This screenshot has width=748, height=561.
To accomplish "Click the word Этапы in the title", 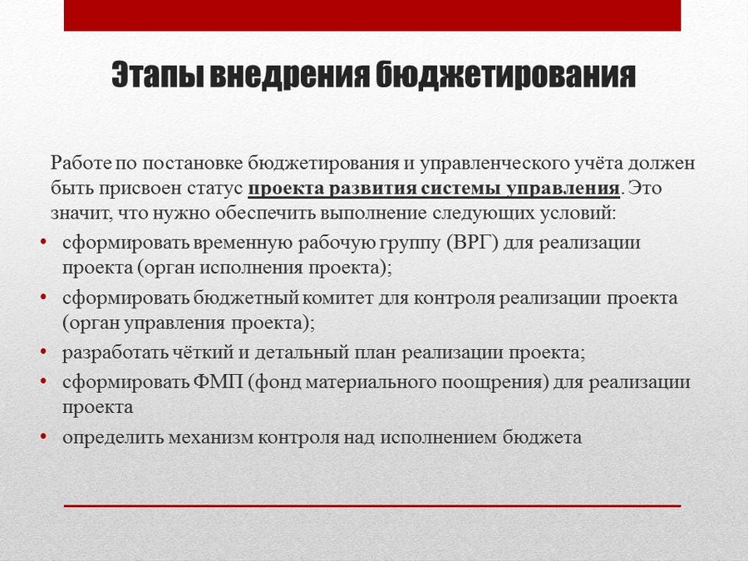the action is [157, 75].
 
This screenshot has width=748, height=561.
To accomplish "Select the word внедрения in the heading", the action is [289, 74].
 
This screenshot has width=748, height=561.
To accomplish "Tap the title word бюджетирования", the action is [505, 75].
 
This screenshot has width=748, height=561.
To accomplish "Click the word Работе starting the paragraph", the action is [81, 163].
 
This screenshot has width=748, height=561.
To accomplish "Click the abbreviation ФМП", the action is [218, 382].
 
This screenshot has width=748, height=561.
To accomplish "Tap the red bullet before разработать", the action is [43, 352].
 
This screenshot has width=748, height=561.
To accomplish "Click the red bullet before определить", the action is [43, 436].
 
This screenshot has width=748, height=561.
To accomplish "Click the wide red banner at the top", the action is [372, 15].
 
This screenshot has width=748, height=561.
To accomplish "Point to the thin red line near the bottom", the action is [372, 505].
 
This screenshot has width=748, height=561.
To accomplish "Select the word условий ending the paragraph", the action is [578, 214].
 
